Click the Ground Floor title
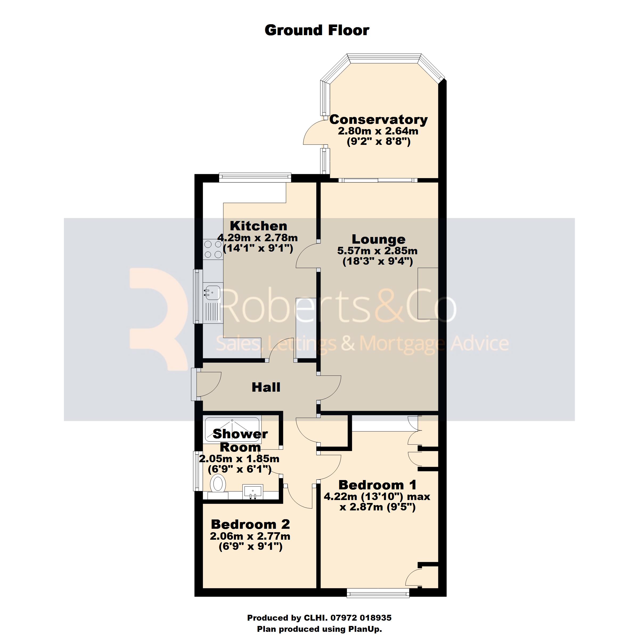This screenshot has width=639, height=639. click(317, 30)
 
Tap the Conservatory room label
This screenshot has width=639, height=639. click(378, 119)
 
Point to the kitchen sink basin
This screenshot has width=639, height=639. click(212, 292)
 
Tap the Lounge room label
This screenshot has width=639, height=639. click(378, 239)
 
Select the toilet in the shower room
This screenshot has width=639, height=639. click(218, 484)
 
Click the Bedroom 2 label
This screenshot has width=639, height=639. click(250, 524)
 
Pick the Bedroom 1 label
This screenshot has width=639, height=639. click(377, 485)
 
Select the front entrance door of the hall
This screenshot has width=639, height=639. click(208, 384)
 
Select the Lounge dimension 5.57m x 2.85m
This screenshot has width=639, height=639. click(377, 251)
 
